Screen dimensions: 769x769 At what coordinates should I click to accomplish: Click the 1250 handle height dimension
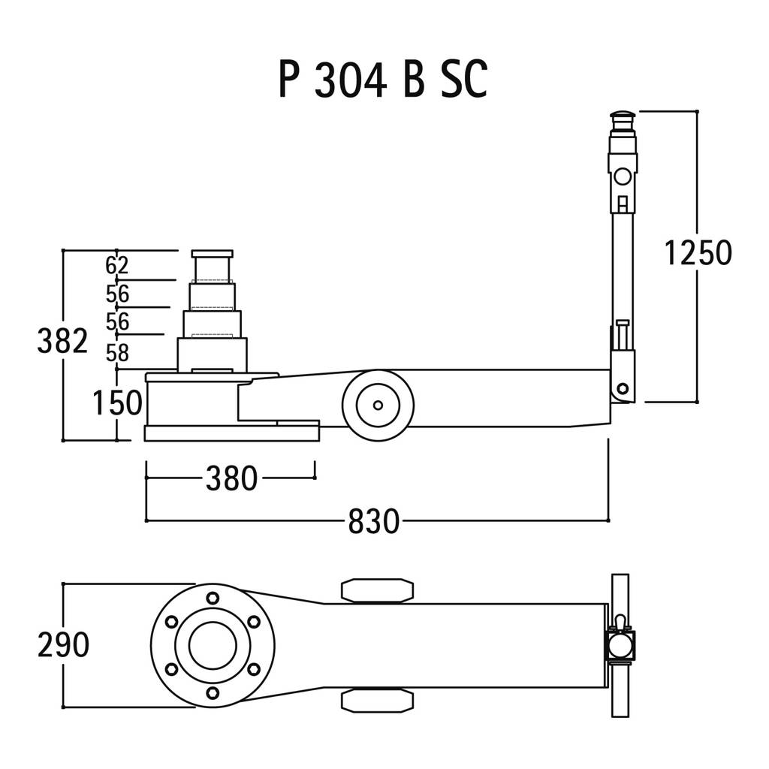point(698,253)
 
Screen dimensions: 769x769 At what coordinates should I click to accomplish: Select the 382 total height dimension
point(62,341)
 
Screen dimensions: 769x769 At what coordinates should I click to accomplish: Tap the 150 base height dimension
point(117,403)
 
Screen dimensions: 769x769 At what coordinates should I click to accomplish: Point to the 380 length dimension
point(231,478)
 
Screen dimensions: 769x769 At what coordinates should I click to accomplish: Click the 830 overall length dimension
point(374,521)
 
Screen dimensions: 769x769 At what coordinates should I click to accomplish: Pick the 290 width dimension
point(63,644)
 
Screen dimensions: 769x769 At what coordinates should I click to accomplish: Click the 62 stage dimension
point(116,265)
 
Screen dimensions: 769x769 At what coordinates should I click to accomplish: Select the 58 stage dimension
point(117,353)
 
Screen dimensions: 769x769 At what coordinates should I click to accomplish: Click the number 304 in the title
point(350,80)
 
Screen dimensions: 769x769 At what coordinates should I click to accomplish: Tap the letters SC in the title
point(464,80)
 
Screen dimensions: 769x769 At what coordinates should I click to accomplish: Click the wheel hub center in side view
point(378,405)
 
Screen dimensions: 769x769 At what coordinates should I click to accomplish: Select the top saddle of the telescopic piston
point(213,254)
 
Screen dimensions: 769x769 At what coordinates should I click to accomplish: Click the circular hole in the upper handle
point(623,176)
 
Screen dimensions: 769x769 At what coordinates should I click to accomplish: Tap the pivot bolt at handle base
point(623,389)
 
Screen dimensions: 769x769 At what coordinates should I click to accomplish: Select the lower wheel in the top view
point(377,700)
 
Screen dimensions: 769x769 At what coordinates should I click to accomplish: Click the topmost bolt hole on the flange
point(213,598)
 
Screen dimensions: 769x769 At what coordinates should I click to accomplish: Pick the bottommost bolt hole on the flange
point(213,692)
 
